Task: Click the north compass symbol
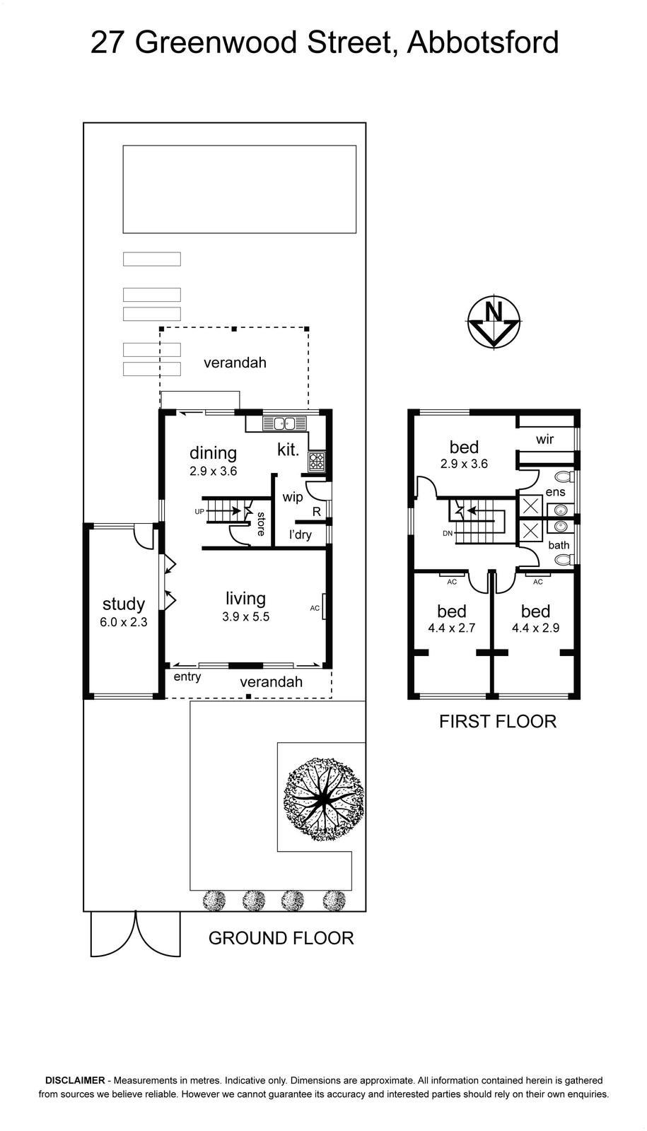494,322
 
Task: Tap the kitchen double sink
284,423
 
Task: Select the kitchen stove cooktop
317,461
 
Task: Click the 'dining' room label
213,453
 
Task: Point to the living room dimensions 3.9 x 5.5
245,616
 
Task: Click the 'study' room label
124,604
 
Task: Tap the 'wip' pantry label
293,497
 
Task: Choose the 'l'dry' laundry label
300,534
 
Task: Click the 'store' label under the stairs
261,524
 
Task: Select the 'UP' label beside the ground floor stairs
199,512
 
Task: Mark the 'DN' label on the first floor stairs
448,533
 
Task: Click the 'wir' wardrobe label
545,439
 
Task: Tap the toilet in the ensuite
565,476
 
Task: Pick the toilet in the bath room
565,559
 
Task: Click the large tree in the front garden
325,798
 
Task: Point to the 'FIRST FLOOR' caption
498,722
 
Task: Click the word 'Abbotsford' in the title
483,42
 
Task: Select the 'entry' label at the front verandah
187,676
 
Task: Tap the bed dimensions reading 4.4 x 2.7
452,628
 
